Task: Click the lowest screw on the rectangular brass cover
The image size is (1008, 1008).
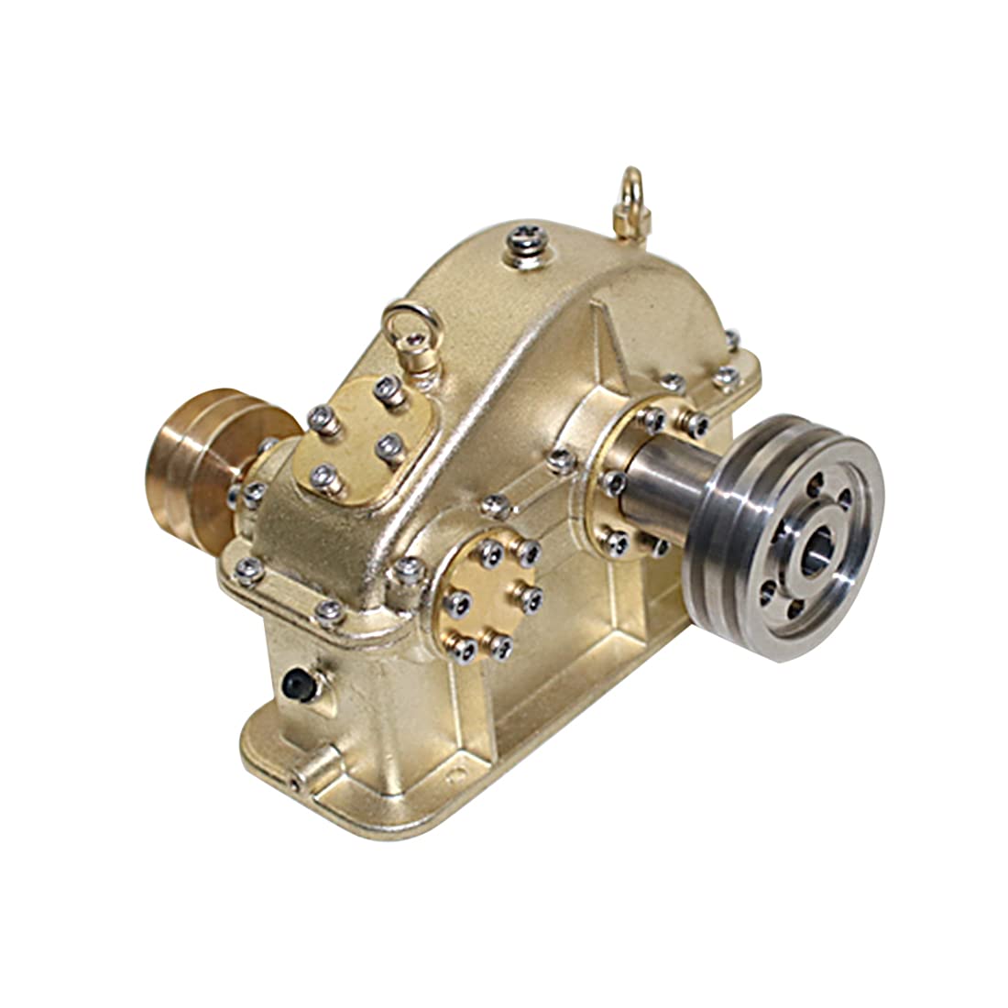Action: pos(323,476)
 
